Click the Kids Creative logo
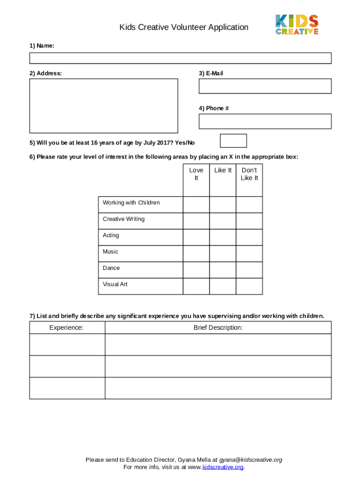tap(296, 24)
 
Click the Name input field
tap(180, 58)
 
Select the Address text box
tap(103, 106)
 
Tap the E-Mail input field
tap(265, 86)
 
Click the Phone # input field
tap(265, 121)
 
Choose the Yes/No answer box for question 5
tap(233, 141)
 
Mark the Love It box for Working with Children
tap(196, 205)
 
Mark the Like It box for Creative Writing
tap(223, 221)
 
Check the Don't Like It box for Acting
tap(249, 237)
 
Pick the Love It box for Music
tap(196, 254)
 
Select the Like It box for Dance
tap(223, 270)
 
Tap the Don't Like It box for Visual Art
tap(249, 286)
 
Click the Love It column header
tap(196, 174)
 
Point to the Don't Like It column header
tap(249, 174)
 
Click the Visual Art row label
tap(115, 284)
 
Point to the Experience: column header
tap(66, 327)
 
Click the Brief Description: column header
tap(218, 327)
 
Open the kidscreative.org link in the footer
tap(223, 467)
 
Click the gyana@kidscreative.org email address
tap(251, 460)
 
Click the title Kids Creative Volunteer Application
tap(184, 27)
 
